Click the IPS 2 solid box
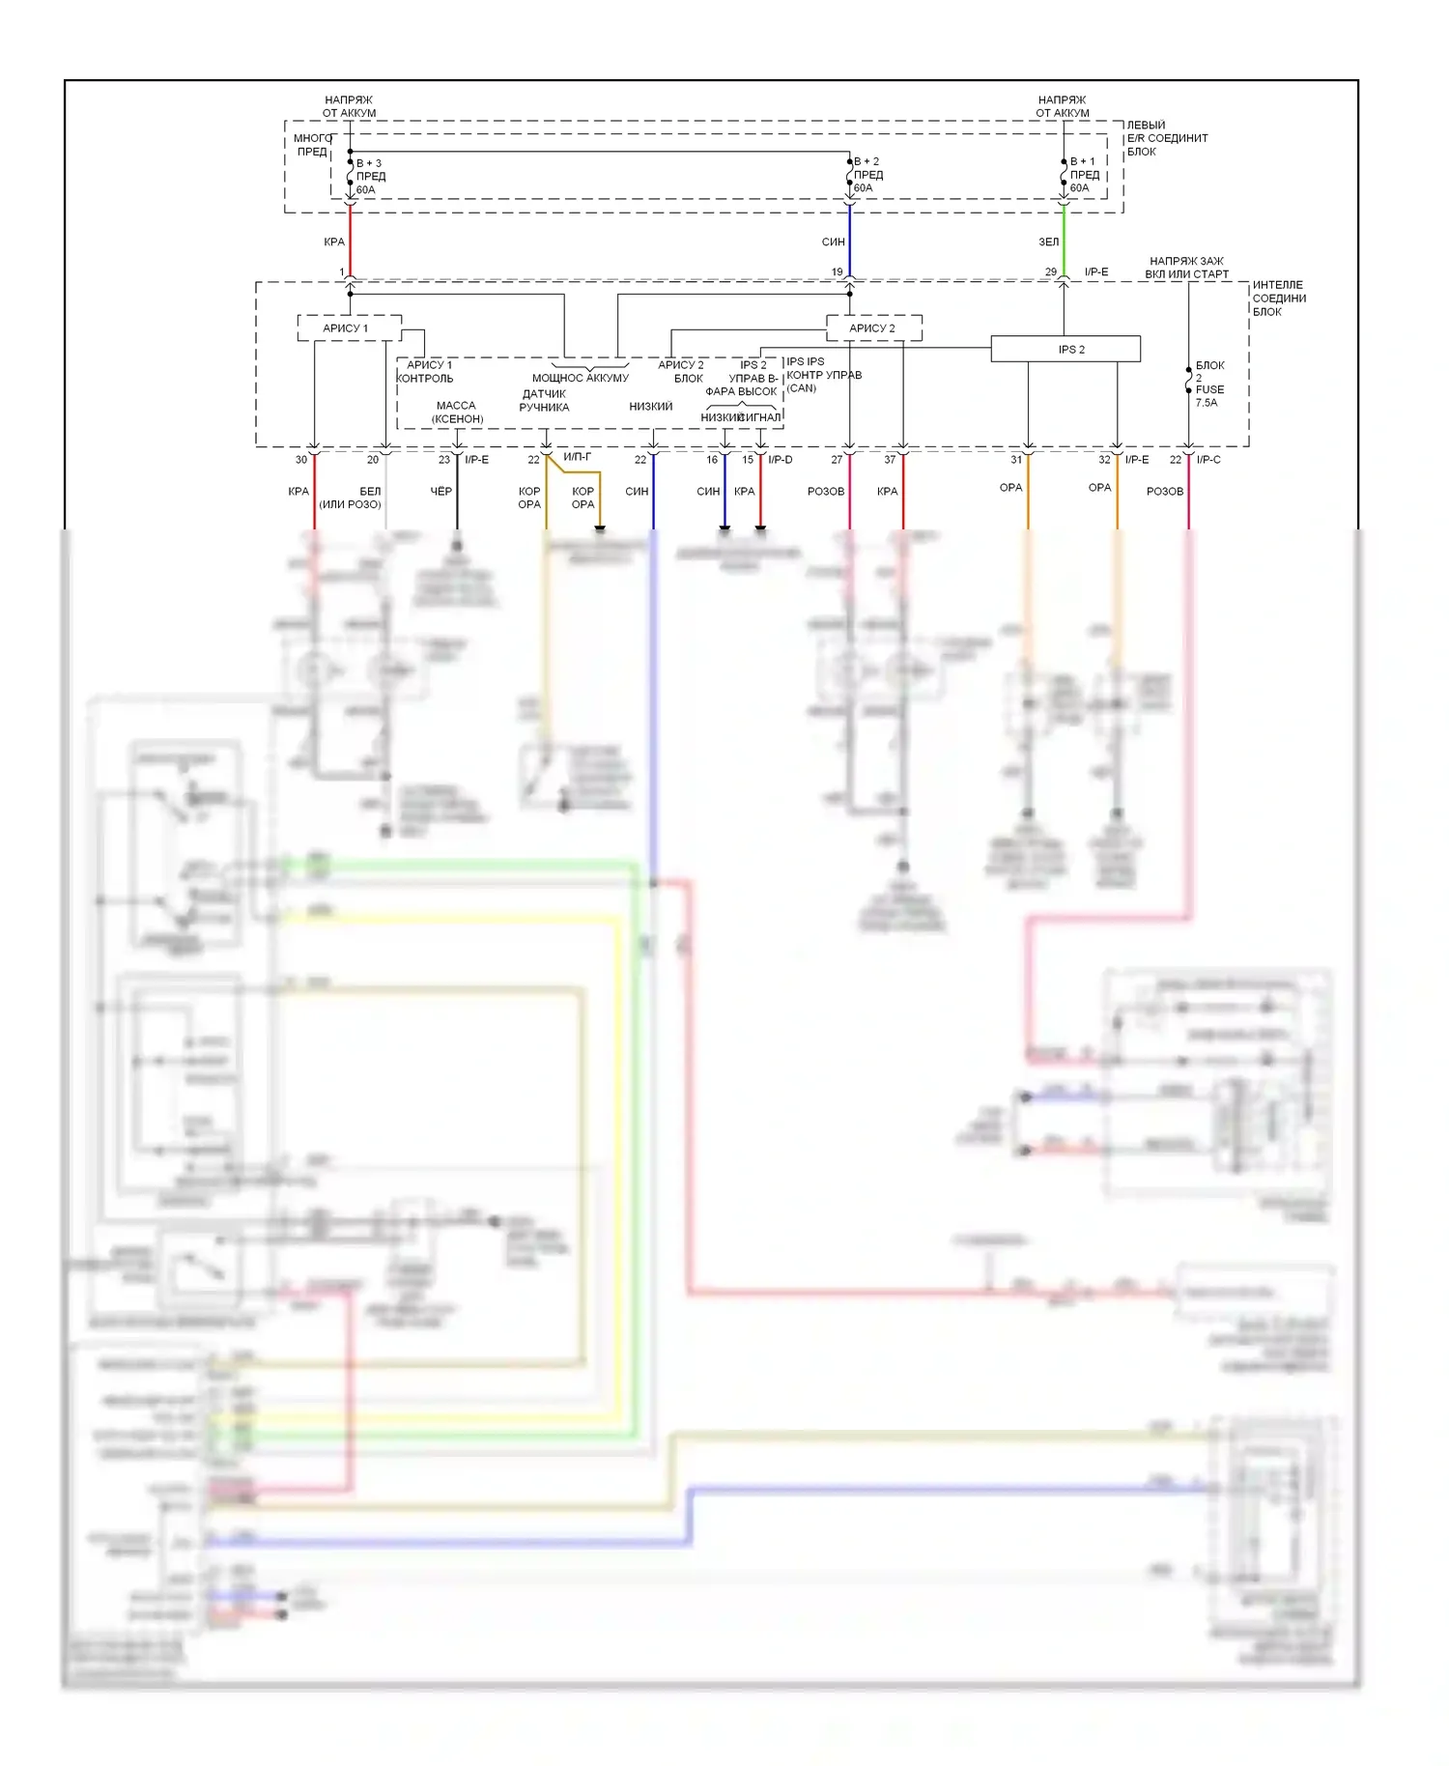[x=1065, y=349]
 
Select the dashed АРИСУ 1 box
[x=349, y=328]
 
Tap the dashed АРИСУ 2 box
[x=873, y=328]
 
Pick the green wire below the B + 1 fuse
[x=1064, y=242]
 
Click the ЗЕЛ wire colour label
[x=1048, y=242]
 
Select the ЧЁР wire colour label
[x=440, y=492]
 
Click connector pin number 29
[x=1050, y=272]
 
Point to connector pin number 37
[x=890, y=460]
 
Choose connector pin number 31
[x=1016, y=460]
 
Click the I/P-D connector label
[x=780, y=460]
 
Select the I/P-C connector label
[x=1208, y=460]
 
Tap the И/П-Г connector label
[x=577, y=457]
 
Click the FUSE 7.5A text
[x=1208, y=396]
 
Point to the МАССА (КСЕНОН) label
[x=457, y=413]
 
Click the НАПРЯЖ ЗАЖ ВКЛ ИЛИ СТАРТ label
[x=1186, y=268]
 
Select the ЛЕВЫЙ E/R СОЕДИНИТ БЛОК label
[x=1166, y=138]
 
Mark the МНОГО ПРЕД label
[x=312, y=145]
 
